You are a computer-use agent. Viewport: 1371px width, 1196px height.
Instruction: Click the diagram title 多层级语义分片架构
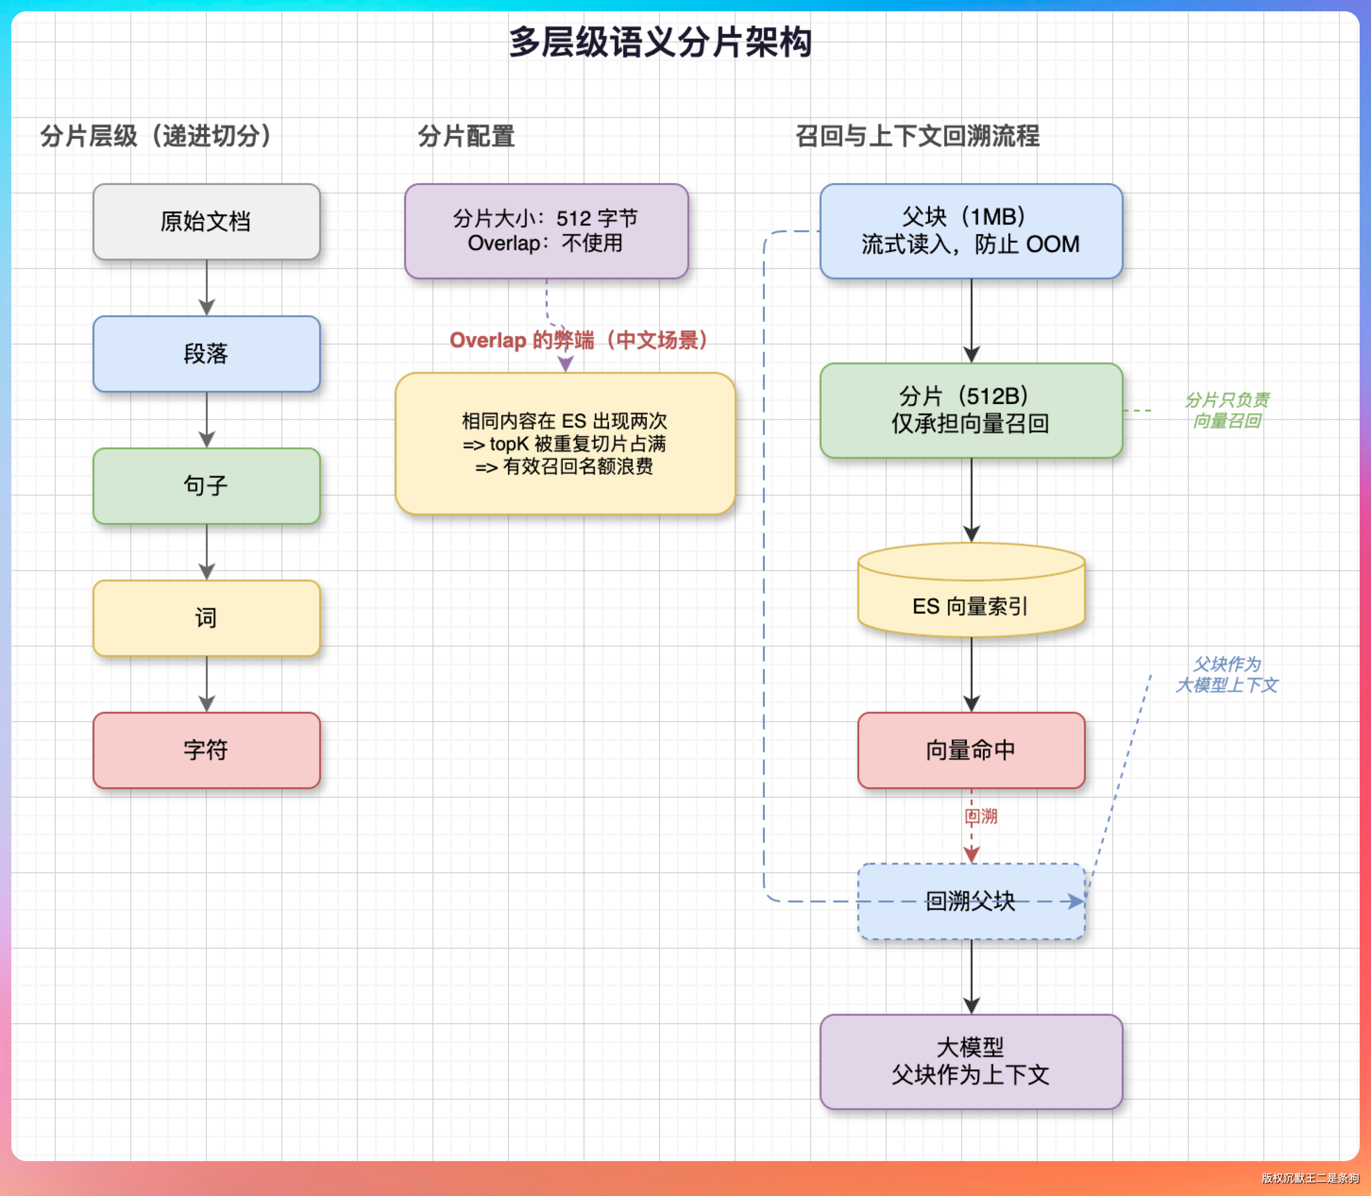pyautogui.click(x=660, y=42)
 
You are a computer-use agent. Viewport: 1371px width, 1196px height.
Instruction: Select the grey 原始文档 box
pyautogui.click(x=206, y=221)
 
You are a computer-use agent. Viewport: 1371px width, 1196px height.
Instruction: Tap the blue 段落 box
pyautogui.click(x=206, y=354)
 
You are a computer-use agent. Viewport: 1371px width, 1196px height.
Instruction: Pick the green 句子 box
pyautogui.click(x=206, y=486)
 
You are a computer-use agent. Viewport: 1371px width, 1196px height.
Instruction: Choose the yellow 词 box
pyautogui.click(x=206, y=618)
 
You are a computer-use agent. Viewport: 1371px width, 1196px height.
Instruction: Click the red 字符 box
pyautogui.click(x=206, y=750)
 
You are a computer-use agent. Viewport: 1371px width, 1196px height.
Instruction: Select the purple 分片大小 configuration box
pyautogui.click(x=546, y=231)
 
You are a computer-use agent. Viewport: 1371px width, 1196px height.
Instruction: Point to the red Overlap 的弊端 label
pyautogui.click(x=578, y=340)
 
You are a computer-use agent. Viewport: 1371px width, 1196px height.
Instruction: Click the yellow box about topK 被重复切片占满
pyautogui.click(x=565, y=444)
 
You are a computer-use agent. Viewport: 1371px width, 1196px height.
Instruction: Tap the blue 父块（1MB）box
pyautogui.click(x=971, y=231)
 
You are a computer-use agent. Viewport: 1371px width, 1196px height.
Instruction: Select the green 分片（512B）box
pyautogui.click(x=971, y=410)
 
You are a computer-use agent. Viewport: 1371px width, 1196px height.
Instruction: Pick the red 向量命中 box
pyautogui.click(x=971, y=750)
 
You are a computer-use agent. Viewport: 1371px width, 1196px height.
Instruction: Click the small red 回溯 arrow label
pyautogui.click(x=981, y=816)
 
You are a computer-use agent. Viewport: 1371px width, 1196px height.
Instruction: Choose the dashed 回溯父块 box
pyautogui.click(x=971, y=901)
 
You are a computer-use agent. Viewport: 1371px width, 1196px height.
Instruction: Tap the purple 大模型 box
pyautogui.click(x=971, y=1061)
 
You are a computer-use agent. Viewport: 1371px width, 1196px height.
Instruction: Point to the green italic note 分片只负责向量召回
pyautogui.click(x=1227, y=410)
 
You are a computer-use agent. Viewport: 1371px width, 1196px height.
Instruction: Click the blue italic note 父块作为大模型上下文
pyautogui.click(x=1227, y=674)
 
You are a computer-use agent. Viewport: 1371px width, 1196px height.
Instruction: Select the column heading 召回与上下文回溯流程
pyautogui.click(x=917, y=136)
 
